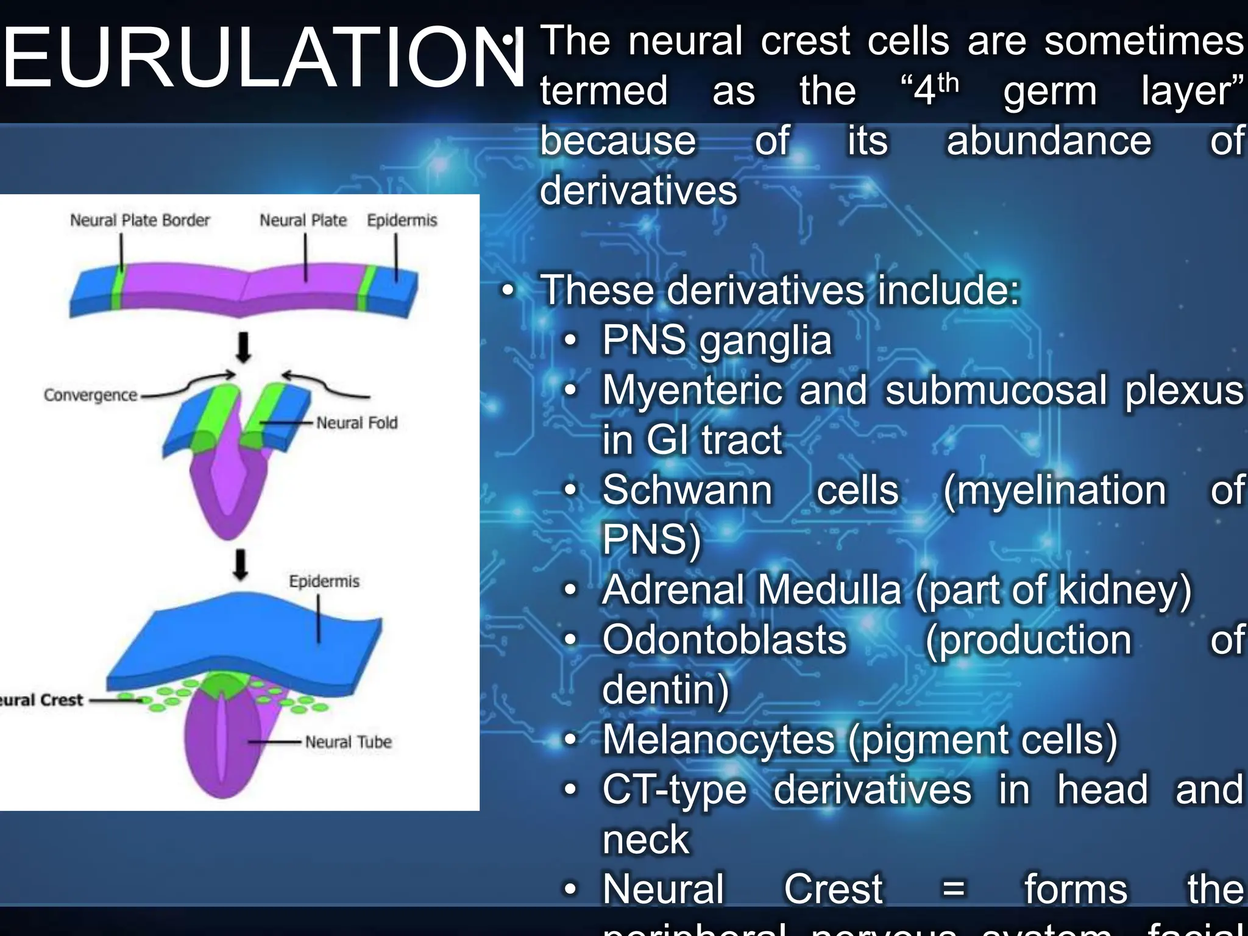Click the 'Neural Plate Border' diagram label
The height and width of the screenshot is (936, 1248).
tap(140, 220)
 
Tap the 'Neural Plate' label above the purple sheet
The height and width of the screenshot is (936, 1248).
tap(303, 220)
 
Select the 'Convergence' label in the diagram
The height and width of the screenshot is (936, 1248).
tap(90, 395)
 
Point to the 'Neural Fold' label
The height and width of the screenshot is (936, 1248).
tap(356, 422)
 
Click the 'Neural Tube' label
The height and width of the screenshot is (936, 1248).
tap(348, 742)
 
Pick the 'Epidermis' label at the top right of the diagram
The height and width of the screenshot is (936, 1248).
tap(402, 220)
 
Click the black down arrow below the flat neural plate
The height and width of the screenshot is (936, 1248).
tap(243, 347)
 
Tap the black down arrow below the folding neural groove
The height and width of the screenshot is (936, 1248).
tap(241, 565)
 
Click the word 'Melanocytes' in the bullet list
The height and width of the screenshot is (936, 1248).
tap(718, 739)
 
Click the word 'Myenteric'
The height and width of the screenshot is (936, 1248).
tap(692, 390)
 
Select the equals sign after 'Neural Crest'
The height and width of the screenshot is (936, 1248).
tap(953, 889)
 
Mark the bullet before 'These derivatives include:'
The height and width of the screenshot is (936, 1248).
tap(508, 291)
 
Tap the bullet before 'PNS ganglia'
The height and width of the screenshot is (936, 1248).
tap(570, 341)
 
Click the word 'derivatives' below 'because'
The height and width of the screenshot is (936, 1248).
tap(638, 191)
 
